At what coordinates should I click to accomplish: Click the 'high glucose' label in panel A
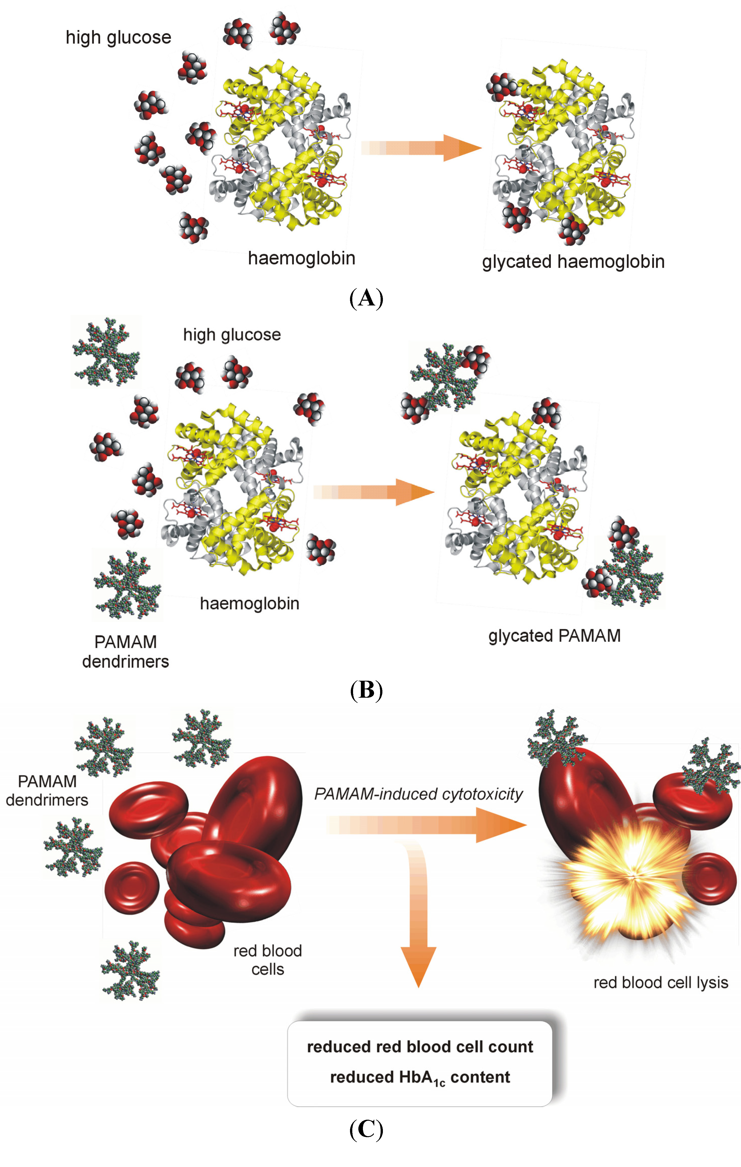tap(118, 38)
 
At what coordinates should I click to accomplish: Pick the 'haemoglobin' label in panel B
tap(250, 603)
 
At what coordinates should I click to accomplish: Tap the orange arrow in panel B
tap(373, 492)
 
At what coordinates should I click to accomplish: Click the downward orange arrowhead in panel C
tap(418, 964)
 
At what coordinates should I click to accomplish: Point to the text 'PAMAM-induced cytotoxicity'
tap(418, 794)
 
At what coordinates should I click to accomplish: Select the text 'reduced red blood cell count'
tap(420, 1047)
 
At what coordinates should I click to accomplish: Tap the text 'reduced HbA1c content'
tap(420, 1077)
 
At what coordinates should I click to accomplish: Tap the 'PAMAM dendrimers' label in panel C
tap(47, 790)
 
